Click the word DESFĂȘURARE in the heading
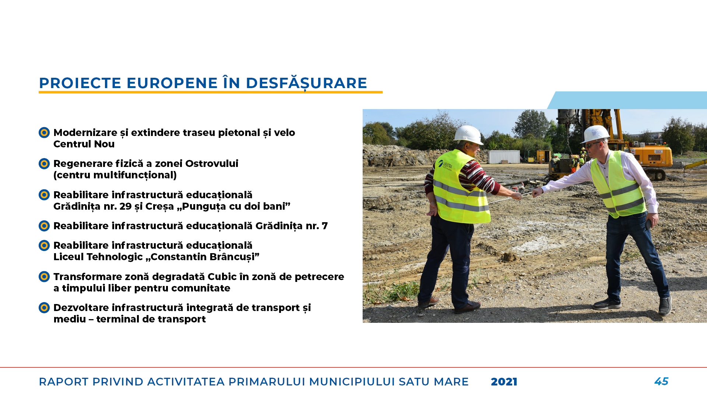(x=306, y=83)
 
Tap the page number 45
(x=661, y=381)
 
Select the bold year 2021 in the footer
(x=504, y=382)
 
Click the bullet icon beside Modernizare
(x=44, y=132)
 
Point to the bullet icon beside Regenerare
(x=44, y=163)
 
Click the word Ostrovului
(x=212, y=163)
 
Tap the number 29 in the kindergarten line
(x=126, y=206)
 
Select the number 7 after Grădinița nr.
(x=324, y=226)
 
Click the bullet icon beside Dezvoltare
(x=44, y=307)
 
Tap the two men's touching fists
(x=527, y=194)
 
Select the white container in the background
(x=504, y=157)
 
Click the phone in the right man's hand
(x=648, y=224)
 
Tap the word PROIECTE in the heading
(x=80, y=83)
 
